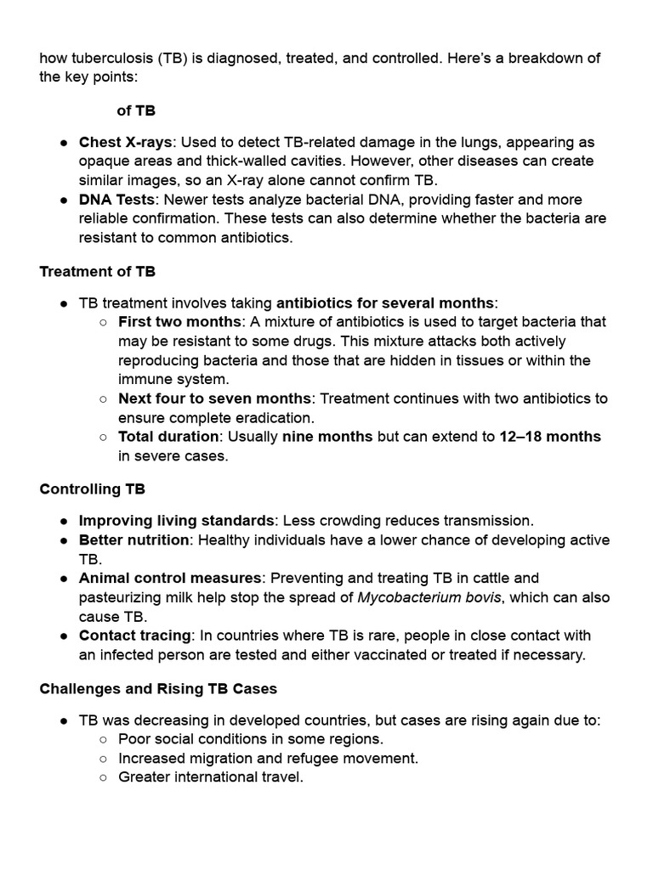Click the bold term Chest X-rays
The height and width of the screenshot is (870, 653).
pyautogui.click(x=126, y=142)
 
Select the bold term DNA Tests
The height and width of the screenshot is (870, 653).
pyautogui.click(x=116, y=200)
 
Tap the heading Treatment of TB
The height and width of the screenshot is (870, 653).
pyautogui.click(x=97, y=272)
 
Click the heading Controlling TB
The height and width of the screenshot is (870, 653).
pyautogui.click(x=92, y=489)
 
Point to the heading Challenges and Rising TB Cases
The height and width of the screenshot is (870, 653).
pyautogui.click(x=158, y=688)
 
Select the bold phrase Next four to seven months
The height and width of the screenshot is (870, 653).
pyautogui.click(x=215, y=398)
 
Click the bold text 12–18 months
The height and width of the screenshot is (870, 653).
pyautogui.click(x=550, y=437)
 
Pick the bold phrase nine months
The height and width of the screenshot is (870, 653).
pyautogui.click(x=327, y=437)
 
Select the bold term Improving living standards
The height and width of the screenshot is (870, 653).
pyautogui.click(x=177, y=521)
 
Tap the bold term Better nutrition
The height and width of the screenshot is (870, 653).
pyautogui.click(x=133, y=540)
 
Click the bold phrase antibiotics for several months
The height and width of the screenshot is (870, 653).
pyautogui.click(x=385, y=303)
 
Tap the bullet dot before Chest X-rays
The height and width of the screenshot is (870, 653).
pyautogui.click(x=64, y=143)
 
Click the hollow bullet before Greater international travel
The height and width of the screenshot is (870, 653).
pyautogui.click(x=103, y=777)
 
